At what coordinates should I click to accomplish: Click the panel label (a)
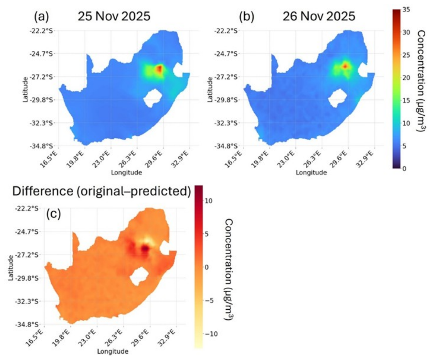42,16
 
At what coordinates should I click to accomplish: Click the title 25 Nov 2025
114,16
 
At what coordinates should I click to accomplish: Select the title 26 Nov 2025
319,16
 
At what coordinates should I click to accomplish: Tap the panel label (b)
246,16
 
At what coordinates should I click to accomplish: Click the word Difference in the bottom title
43,191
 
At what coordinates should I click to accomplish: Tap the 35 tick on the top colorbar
407,9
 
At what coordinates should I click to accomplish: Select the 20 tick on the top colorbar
407,78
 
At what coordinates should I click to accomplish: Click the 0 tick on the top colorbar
405,169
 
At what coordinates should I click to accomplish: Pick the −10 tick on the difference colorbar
211,334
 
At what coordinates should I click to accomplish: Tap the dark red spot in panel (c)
145,248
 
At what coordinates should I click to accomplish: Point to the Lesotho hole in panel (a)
152,98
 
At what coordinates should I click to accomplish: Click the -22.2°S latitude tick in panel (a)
41,31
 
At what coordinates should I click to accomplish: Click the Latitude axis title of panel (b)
210,89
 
